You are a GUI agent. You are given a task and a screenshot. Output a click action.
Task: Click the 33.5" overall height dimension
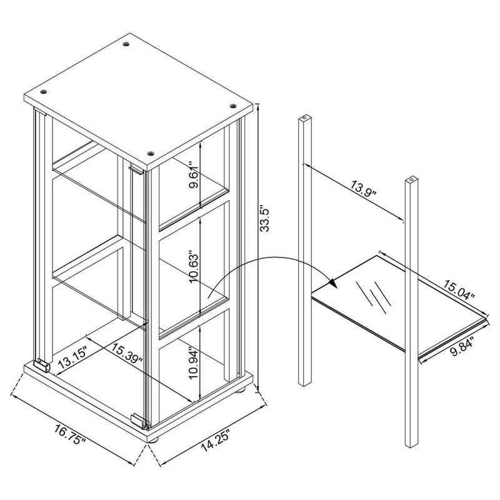click(x=265, y=218)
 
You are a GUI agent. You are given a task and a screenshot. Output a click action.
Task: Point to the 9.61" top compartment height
click(x=194, y=175)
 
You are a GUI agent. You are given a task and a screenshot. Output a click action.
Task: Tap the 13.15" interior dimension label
click(x=72, y=358)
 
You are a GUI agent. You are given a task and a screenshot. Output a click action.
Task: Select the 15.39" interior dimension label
click(x=127, y=353)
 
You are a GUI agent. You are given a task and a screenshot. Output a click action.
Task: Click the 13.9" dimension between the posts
click(x=364, y=189)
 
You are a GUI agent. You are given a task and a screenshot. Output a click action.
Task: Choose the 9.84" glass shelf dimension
click(x=462, y=347)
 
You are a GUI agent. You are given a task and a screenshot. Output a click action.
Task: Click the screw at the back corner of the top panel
click(x=127, y=44)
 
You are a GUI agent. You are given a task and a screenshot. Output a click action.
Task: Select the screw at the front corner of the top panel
click(x=151, y=154)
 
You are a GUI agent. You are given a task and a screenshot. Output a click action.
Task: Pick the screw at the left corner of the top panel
click(x=44, y=92)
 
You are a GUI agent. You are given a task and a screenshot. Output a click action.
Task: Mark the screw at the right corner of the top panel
click(x=232, y=106)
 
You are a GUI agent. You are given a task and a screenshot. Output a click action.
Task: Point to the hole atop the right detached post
click(x=412, y=179)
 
